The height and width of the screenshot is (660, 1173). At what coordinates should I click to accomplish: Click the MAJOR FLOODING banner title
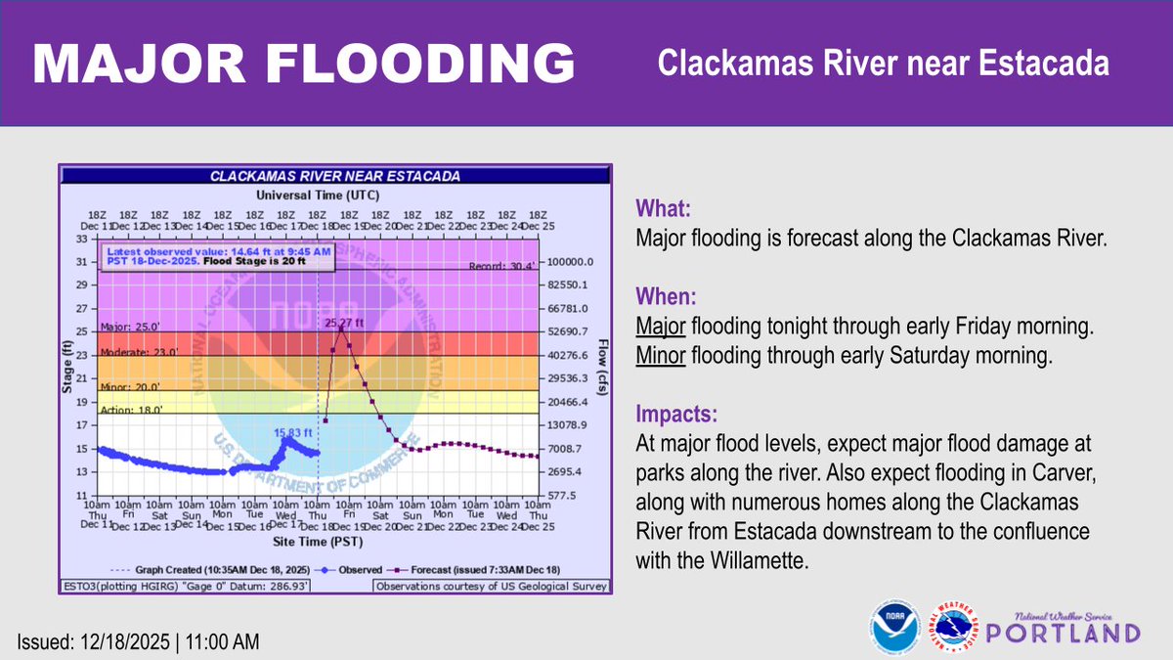coord(303,64)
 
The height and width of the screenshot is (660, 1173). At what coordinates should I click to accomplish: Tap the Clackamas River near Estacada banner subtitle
coord(883,64)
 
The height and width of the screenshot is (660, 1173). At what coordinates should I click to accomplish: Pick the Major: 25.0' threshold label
coord(129,327)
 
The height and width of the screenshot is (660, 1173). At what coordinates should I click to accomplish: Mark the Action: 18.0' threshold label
coord(131,410)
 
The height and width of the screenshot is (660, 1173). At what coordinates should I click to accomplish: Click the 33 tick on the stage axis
coord(83,238)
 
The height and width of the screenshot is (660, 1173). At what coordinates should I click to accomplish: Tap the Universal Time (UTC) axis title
coord(318,196)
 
